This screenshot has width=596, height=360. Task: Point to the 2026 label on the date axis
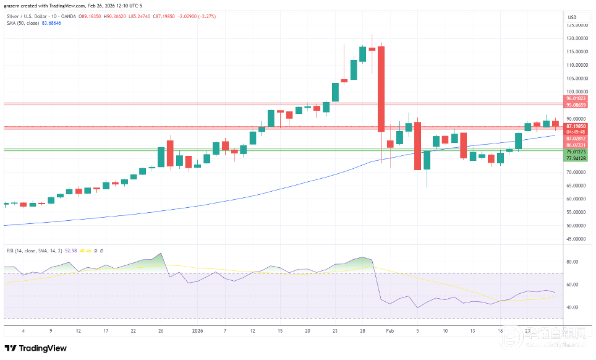click(198, 331)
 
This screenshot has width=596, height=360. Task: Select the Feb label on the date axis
click(390, 331)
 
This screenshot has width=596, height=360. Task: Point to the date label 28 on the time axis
click(363, 331)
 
